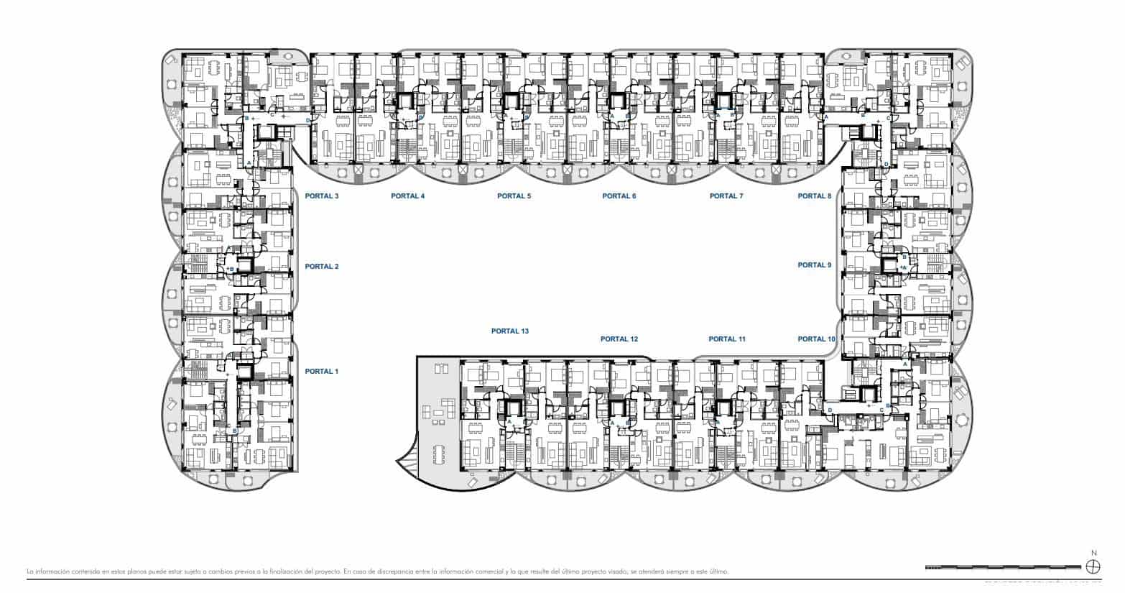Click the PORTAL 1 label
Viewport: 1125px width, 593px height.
321,372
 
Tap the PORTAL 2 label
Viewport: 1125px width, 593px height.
321,267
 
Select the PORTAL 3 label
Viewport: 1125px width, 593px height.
321,196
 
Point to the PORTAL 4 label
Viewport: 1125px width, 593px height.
407,196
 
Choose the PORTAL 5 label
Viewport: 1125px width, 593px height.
514,196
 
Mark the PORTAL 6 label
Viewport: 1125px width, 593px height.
619,196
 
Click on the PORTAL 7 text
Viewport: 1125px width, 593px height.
726,196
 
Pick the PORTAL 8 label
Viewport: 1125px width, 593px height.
814,196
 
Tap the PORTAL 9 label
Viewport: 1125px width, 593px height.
814,265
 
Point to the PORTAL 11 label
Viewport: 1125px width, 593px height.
727,339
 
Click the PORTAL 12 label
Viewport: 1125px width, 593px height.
619,339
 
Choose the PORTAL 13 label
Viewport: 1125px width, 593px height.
509,331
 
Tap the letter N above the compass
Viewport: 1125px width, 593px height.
1093,553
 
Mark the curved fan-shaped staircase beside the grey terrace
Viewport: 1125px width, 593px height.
407,461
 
